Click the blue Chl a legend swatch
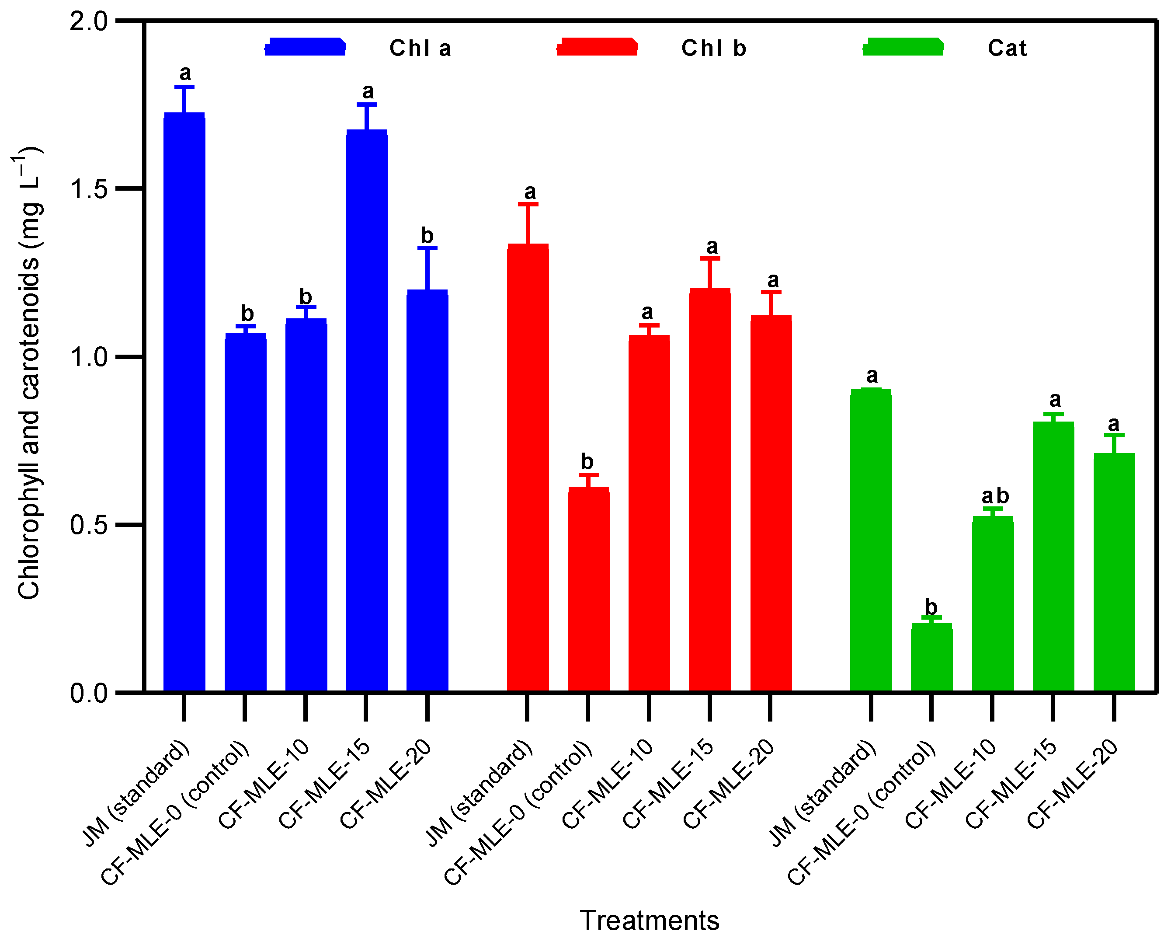(305, 47)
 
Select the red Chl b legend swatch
(597, 47)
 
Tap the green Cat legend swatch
(903, 47)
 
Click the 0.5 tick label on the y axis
(89, 525)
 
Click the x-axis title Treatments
(649, 920)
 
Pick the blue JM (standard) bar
(184, 402)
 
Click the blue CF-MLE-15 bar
(367, 410)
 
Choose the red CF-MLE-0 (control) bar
(588, 589)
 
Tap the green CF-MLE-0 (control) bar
(931, 658)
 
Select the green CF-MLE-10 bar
(992, 603)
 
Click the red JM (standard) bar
(528, 467)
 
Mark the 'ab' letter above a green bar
(994, 496)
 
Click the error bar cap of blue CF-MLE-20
(427, 248)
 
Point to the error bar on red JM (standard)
(528, 224)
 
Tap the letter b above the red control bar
(587, 461)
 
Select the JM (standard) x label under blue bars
(136, 793)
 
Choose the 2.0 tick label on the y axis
(89, 22)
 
